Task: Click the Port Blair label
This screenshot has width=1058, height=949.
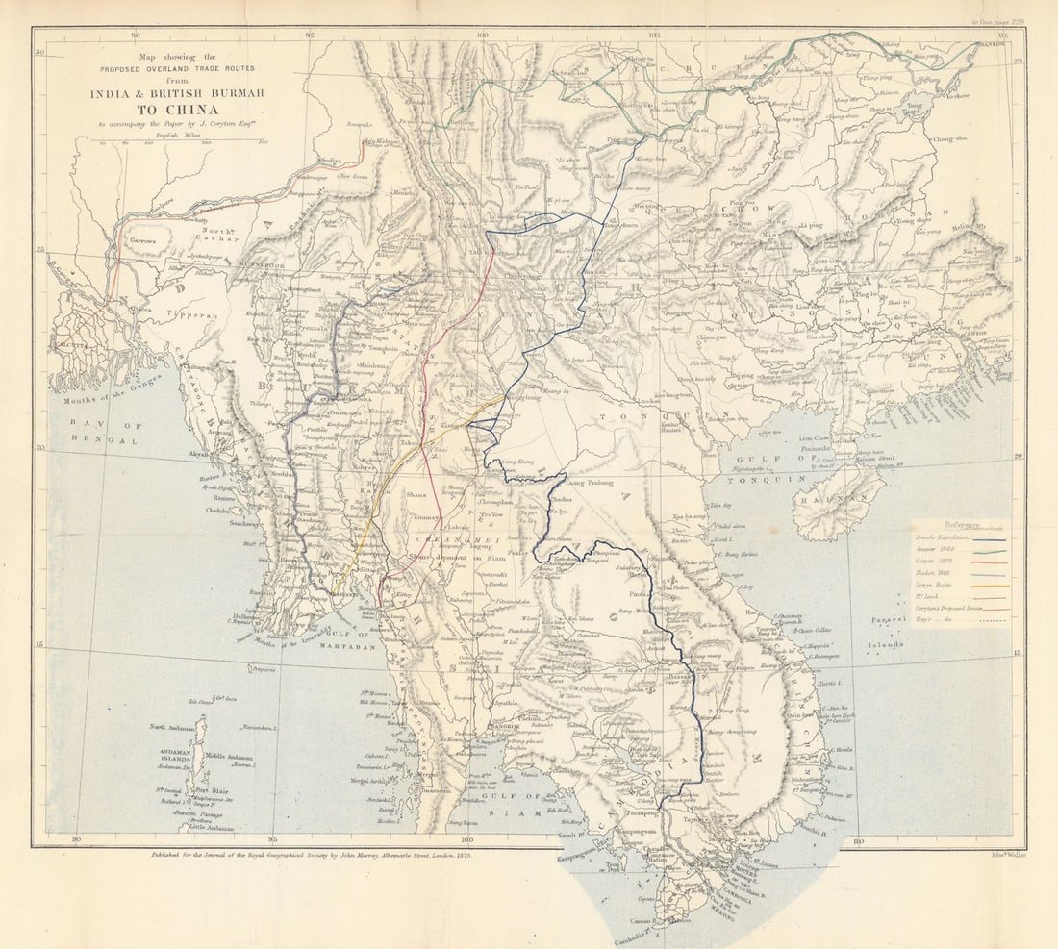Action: [x=215, y=792]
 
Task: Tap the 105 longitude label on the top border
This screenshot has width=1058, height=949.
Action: [x=653, y=36]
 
